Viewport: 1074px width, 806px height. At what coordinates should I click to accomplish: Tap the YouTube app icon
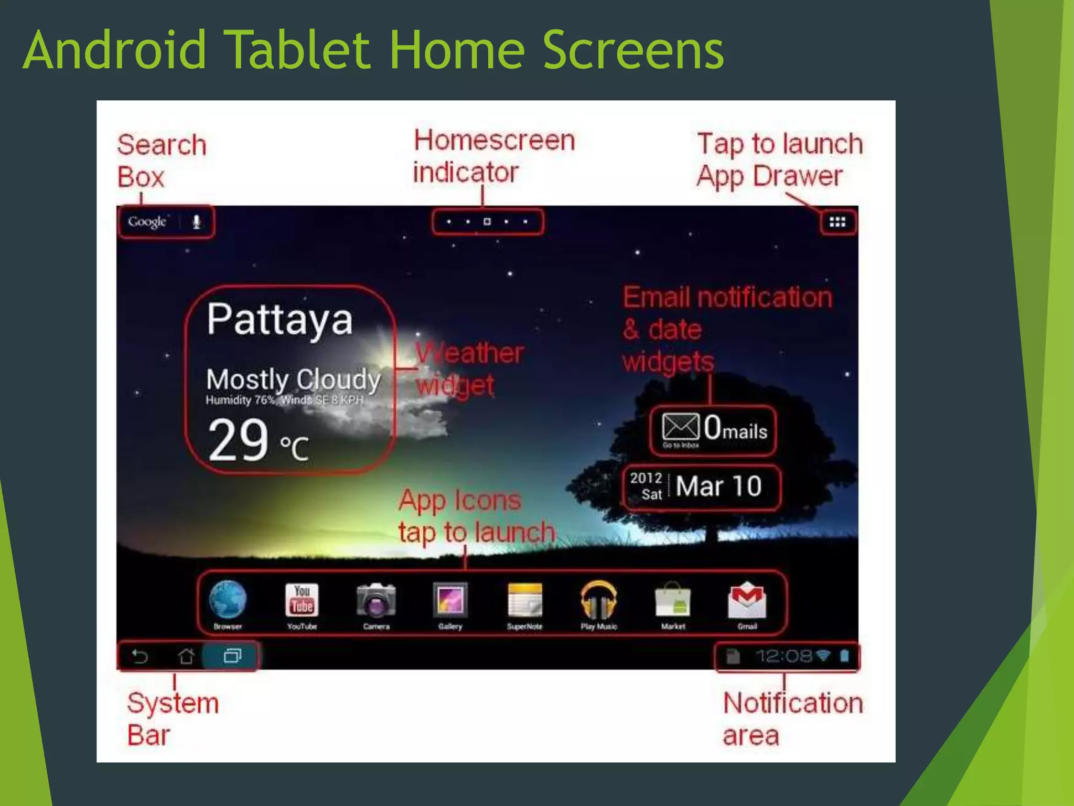pos(302,600)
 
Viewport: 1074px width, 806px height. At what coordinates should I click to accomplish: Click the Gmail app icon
pos(747,600)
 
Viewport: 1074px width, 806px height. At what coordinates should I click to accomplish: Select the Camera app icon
pos(376,600)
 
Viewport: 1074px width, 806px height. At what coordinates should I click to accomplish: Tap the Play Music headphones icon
pos(598,600)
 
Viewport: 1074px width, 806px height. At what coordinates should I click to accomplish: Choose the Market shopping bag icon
pos(673,600)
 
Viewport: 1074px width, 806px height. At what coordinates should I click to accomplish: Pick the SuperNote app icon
pos(524,600)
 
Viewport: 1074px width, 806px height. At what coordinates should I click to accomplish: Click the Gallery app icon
pos(450,600)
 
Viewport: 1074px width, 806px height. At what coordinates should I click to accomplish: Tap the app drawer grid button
pos(837,222)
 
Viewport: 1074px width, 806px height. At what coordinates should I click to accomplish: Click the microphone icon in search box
pos(197,222)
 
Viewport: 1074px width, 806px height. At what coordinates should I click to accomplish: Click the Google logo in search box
pos(147,222)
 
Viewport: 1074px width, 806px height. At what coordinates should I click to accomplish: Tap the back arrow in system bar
pos(140,656)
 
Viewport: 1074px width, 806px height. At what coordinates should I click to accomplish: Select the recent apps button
pos(232,656)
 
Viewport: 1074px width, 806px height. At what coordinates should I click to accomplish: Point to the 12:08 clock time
pos(783,656)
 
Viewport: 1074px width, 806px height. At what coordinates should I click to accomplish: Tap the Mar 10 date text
pos(718,486)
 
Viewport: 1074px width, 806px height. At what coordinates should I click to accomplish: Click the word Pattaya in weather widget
pos(280,320)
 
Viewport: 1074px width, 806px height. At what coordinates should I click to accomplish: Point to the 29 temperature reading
pos(239,440)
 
